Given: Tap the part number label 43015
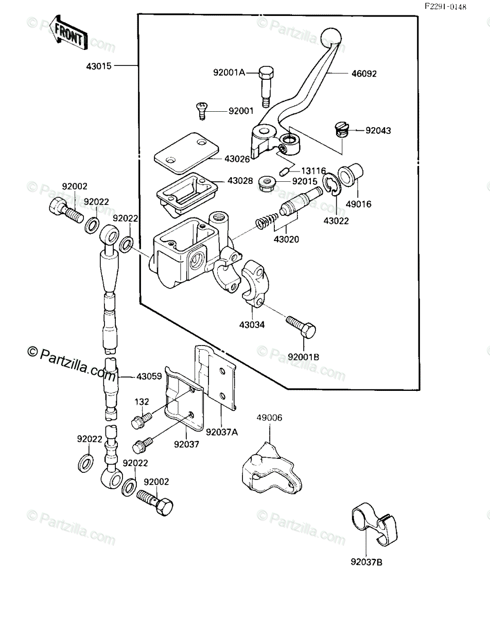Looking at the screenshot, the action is click(x=98, y=66).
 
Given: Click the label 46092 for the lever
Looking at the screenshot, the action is click(x=364, y=74).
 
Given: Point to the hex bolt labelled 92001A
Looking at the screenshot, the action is click(x=266, y=87).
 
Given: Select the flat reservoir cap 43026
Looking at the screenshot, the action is click(x=186, y=153).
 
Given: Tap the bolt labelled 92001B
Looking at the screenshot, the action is click(x=301, y=327).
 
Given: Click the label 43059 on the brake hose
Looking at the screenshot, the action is click(x=149, y=376).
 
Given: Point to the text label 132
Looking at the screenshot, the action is click(x=142, y=402).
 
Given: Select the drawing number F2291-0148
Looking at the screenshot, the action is click(x=446, y=7).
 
